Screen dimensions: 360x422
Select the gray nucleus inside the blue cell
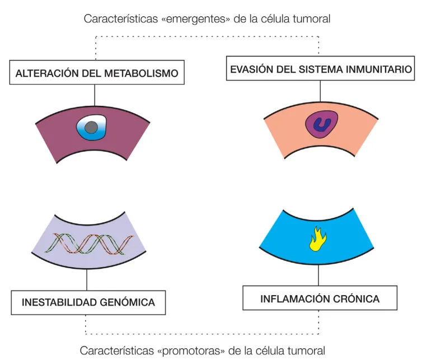point(93,129)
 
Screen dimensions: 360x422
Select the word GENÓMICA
point(130,302)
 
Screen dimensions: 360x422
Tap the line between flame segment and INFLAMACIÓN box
point(318,274)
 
